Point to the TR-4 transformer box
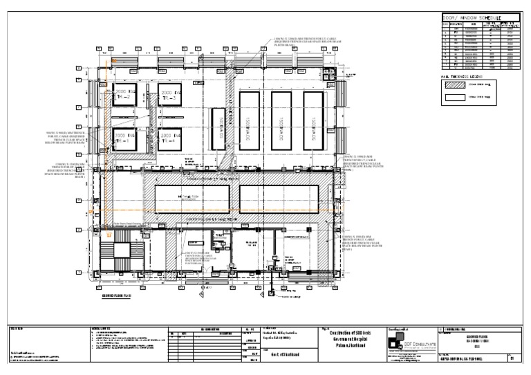170,140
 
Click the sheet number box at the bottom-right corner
512,358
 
